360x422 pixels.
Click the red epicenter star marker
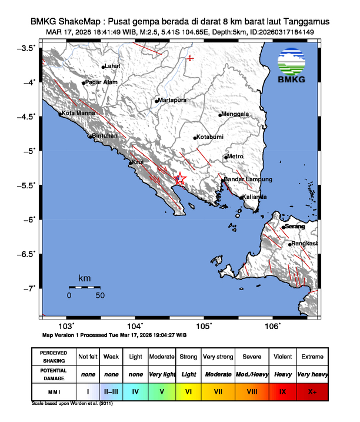coord(180,179)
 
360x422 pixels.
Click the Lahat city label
coord(112,66)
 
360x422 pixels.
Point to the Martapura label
coord(172,101)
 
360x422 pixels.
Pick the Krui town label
coord(138,162)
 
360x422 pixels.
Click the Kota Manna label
coord(76,112)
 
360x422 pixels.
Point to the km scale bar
coord(84,287)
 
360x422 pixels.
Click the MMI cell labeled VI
coord(189,390)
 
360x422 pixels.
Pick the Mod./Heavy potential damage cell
coord(249,373)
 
